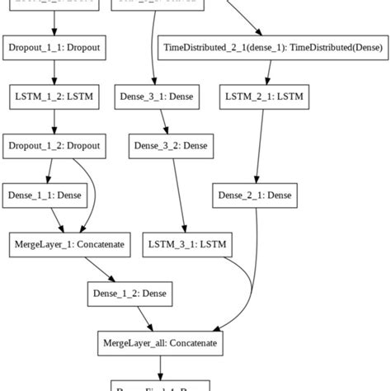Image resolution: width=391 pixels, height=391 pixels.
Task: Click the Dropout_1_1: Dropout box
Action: (54, 49)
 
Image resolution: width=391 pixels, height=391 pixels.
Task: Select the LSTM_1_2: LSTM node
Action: (54, 97)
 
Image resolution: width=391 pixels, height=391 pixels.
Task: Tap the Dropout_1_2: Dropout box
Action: (54, 146)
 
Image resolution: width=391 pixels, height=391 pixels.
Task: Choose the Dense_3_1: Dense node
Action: (157, 97)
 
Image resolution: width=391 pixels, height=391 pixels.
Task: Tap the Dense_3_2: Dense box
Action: (169, 146)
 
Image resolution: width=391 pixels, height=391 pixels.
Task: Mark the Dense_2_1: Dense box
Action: (255, 195)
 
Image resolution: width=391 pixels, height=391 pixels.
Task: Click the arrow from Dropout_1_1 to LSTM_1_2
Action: (54, 73)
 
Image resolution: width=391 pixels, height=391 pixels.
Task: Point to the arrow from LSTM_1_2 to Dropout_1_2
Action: (54, 121)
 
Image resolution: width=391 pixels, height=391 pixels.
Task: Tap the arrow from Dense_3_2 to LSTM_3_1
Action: (179, 195)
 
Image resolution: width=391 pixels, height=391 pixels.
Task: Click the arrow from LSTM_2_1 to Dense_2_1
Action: (258, 146)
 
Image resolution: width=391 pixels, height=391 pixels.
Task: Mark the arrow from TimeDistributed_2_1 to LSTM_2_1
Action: (261, 73)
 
